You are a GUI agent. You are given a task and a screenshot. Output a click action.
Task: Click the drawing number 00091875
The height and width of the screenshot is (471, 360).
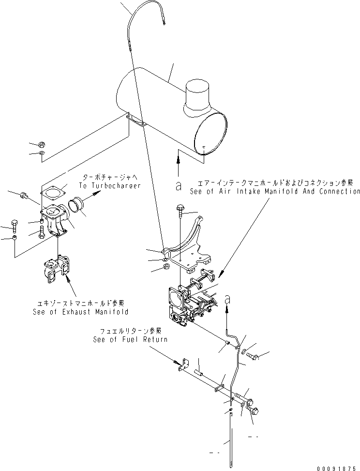coord(339,468)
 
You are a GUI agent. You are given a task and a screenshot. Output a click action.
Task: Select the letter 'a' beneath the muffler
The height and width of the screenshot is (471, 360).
coord(179,186)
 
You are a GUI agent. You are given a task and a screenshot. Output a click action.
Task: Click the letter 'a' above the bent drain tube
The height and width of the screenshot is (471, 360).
coord(227,300)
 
